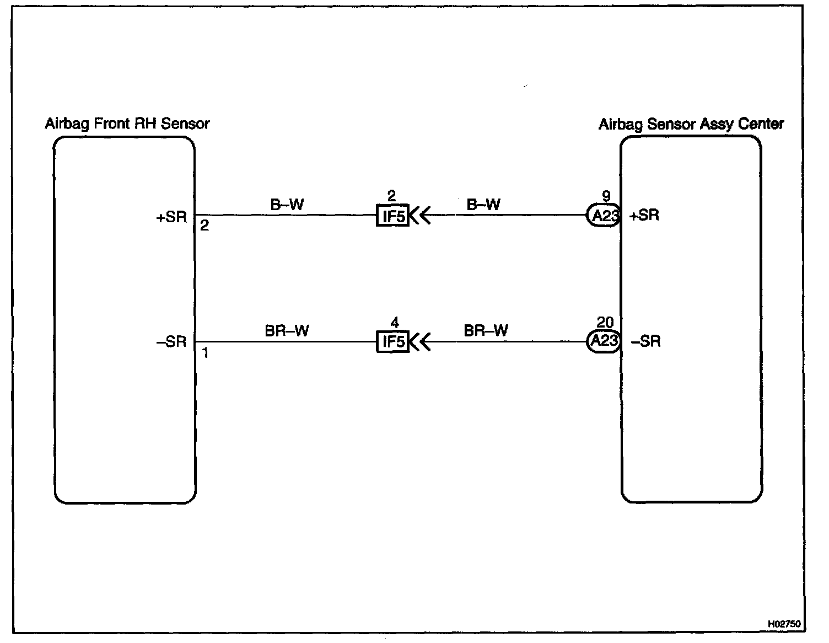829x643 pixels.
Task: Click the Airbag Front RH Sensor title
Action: [x=127, y=123]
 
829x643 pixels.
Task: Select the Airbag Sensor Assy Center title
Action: [x=691, y=124]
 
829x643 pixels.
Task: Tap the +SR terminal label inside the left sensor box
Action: [x=172, y=216]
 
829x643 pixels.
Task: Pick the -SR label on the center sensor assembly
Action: [x=645, y=342]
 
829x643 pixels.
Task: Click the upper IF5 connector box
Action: [x=392, y=216]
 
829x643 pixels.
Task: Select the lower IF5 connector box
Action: [x=392, y=342]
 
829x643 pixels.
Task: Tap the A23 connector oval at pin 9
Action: [x=604, y=216]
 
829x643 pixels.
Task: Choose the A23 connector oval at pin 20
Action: [x=604, y=341]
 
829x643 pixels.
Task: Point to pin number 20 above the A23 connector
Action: [x=605, y=322]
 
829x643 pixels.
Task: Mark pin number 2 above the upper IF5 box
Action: [x=392, y=196]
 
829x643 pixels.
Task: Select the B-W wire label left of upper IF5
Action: [x=287, y=205]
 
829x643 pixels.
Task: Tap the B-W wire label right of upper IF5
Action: [x=483, y=205]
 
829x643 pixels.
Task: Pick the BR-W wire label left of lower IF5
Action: [x=287, y=330]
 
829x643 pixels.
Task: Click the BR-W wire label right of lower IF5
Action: [x=486, y=330]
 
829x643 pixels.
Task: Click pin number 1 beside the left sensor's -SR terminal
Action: [x=205, y=353]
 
